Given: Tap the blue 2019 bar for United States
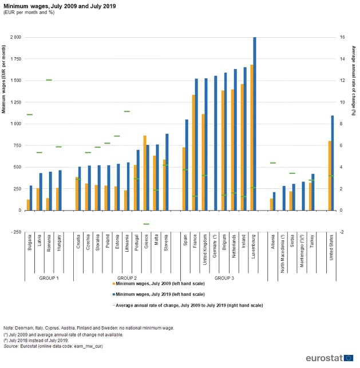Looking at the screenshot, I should pos(333,163).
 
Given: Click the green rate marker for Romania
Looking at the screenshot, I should pos(49,80).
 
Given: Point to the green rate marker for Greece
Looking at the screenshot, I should pos(146,224).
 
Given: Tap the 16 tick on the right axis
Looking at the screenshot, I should pos(342,37).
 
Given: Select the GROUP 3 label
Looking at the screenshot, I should pos(223,278).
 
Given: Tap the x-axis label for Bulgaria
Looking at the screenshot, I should pos(29,244).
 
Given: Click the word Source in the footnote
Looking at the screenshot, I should pos(11,346).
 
